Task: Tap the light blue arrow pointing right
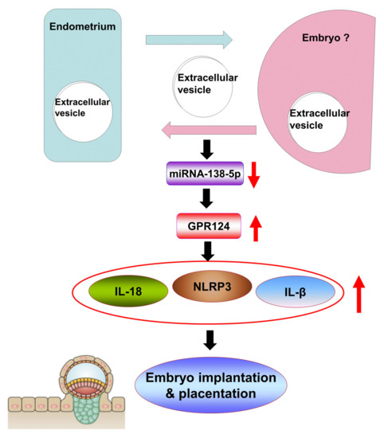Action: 188,39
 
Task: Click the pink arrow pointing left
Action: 208,129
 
